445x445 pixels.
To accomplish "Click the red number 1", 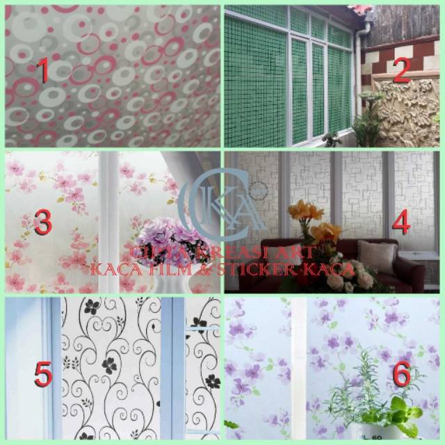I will click(x=43, y=72).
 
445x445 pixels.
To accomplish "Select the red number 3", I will click(x=43, y=224).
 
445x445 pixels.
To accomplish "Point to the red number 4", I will click(x=401, y=224).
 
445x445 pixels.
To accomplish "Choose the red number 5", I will click(x=43, y=375).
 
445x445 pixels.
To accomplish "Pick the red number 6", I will click(x=401, y=375).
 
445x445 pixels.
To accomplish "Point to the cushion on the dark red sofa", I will click(x=376, y=257).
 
